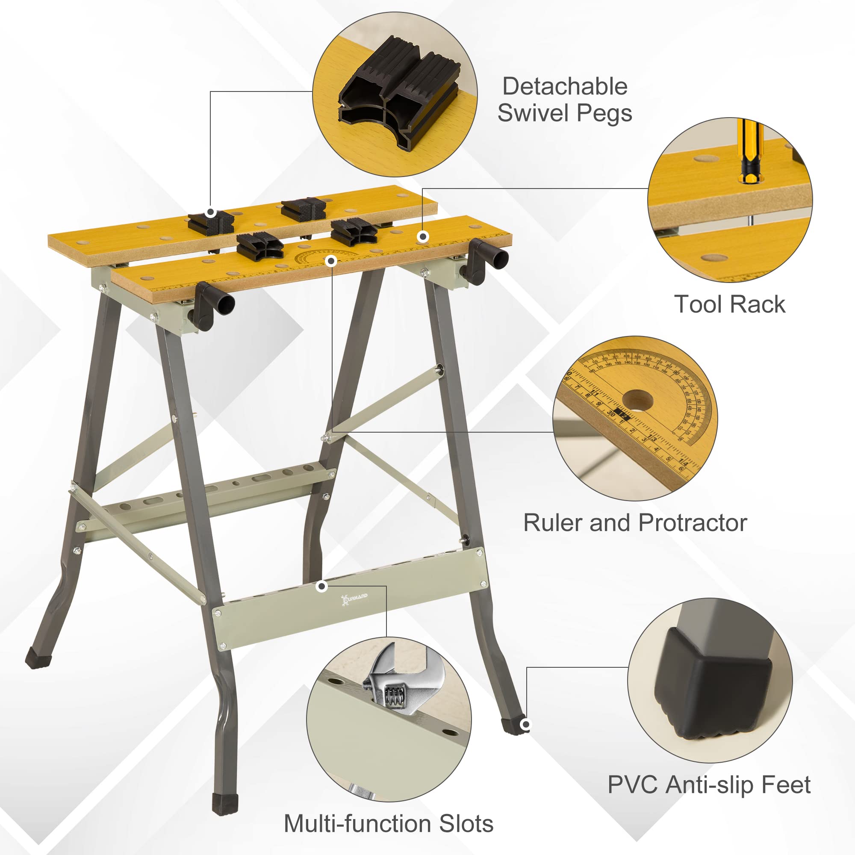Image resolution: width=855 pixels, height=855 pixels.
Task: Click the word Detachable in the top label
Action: tap(565, 87)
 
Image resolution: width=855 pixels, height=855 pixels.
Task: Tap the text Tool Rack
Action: tap(730, 305)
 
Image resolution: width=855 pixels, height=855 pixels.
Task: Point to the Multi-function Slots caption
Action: tap(389, 824)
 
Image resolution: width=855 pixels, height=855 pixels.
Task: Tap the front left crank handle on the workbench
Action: tap(212, 305)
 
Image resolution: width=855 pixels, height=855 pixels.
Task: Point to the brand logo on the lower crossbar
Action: tap(354, 598)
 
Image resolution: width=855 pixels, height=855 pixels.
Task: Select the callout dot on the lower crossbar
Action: tap(322, 587)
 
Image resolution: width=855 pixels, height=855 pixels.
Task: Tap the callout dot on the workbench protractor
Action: tap(331, 261)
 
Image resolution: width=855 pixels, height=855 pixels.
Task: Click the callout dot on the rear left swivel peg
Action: tap(211, 212)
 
